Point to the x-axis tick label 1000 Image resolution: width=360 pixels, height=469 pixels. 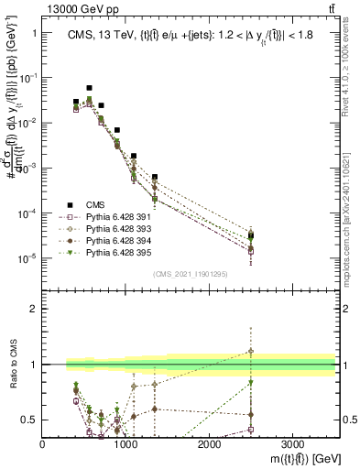point(125,443)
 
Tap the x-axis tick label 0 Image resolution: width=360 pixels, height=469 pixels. point(43,443)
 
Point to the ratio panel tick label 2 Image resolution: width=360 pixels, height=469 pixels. point(33,309)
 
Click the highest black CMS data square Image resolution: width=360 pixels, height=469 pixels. point(89,88)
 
